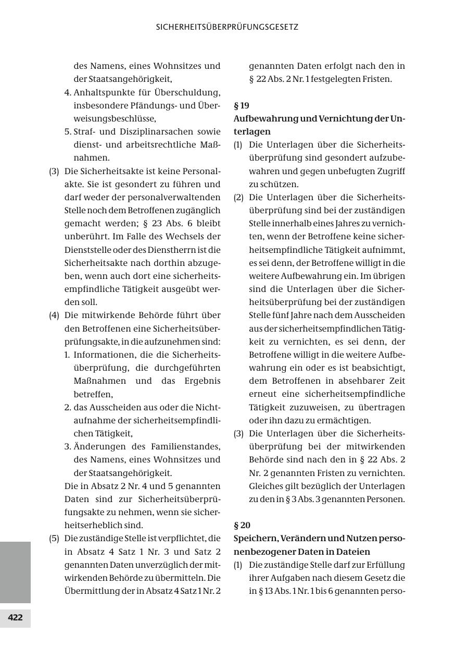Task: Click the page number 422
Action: [x=15, y=618]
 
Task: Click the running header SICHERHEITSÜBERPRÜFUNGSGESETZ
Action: [x=227, y=27]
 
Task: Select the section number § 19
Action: [x=242, y=105]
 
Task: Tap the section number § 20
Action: [x=242, y=525]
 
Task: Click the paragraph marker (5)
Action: [x=54, y=539]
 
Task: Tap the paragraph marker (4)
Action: [x=54, y=315]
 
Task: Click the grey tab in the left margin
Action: [x=15, y=572]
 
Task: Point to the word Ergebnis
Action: [x=203, y=381]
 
